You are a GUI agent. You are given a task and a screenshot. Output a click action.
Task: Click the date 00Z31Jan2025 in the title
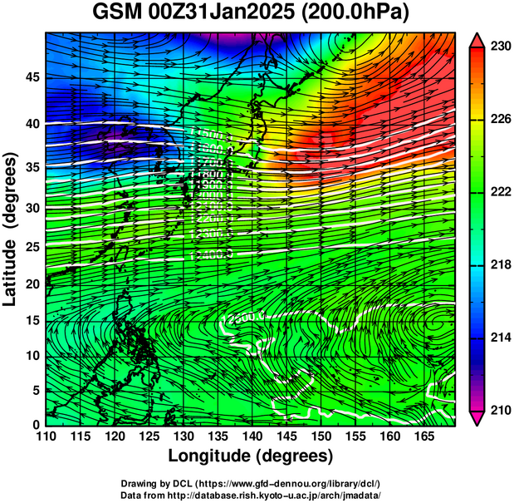[221, 14]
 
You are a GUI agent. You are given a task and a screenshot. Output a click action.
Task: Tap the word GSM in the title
[116, 14]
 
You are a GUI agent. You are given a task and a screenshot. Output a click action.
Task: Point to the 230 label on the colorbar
[499, 47]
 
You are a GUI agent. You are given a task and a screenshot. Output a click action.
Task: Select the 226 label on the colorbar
[499, 120]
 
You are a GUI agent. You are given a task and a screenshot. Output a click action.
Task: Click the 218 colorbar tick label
[499, 264]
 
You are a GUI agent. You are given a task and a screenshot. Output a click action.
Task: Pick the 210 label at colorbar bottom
[499, 410]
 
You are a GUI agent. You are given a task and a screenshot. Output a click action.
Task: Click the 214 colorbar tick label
[499, 338]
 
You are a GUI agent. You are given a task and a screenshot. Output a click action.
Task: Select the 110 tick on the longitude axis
[46, 437]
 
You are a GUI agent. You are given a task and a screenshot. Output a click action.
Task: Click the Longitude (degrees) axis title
[251, 456]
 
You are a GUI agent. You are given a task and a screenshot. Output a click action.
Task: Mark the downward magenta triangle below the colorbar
[477, 419]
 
